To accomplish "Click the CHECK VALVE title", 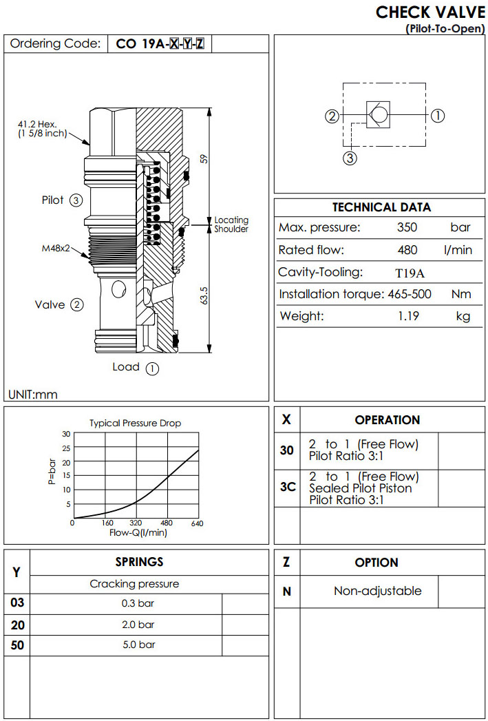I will (430, 12).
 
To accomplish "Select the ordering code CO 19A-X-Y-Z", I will (160, 44).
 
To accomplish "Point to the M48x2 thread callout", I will (56, 248).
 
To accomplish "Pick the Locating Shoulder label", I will (231, 224).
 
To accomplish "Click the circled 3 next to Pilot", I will (76, 201).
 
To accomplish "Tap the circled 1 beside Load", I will (153, 368).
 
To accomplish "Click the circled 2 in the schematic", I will (332, 116).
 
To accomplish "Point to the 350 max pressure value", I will (407, 227).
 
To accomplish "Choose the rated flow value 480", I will (407, 250).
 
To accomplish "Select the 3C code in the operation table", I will (288, 487).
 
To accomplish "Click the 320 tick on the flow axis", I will (135, 523).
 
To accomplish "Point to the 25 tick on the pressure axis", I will (66, 448).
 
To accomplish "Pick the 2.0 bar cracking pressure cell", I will (137, 625).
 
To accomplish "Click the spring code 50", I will (17, 645).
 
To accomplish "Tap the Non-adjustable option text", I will (377, 591).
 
